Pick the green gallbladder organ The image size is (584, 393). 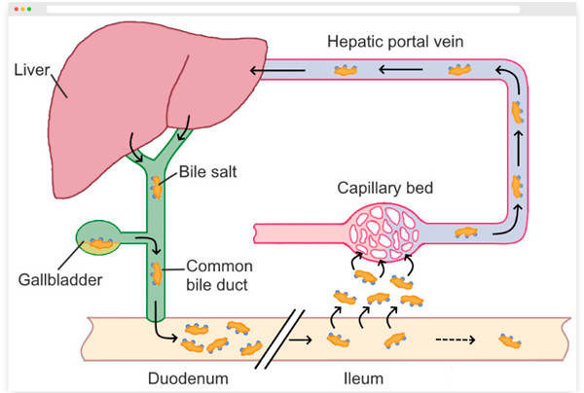[97, 240]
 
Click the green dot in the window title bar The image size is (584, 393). [29, 8]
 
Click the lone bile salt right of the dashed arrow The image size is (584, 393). [509, 340]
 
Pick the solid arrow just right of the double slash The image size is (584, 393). [304, 339]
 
